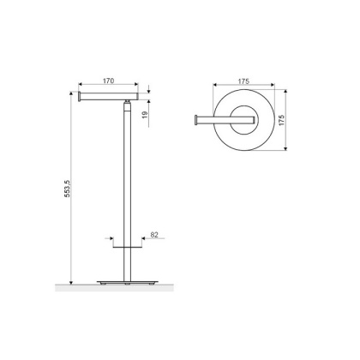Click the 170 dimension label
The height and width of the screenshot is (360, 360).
108,81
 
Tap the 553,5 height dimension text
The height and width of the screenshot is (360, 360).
67,189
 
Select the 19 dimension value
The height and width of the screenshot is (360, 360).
145,115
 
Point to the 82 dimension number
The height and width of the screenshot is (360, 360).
154,235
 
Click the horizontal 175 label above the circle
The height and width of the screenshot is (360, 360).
243,81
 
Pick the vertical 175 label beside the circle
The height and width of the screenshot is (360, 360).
281,120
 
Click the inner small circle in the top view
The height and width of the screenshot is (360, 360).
243,120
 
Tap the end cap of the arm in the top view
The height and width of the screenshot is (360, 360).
196,120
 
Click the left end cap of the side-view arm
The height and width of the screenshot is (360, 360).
79,96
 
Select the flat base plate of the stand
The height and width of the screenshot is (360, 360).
127,282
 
